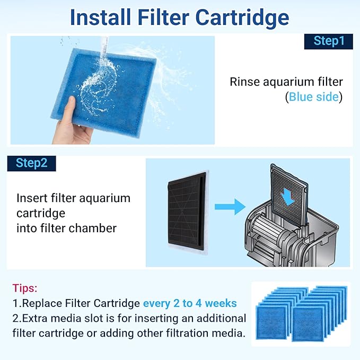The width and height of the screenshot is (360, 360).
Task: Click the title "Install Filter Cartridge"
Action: tap(180, 17)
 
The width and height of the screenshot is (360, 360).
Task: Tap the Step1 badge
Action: tap(328, 41)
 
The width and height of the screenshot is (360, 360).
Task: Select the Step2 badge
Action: tap(31, 163)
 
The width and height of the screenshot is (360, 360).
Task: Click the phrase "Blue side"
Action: tap(314, 97)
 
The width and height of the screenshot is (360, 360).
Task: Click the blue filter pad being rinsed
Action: tap(111, 85)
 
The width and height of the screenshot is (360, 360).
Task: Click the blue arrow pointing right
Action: tap(231, 206)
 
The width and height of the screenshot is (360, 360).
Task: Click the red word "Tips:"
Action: tap(25, 288)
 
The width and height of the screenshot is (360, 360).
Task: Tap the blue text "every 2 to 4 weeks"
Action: tap(190, 303)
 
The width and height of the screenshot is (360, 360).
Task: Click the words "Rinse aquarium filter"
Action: tap(286, 82)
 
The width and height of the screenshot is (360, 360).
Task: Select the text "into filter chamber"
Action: tap(66, 229)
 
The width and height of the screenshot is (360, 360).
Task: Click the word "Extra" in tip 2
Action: tap(34, 318)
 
